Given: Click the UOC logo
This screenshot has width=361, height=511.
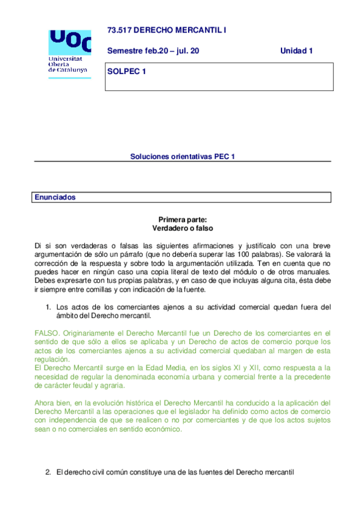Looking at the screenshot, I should click(70, 42).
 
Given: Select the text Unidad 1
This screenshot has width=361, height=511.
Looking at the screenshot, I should click(297, 51).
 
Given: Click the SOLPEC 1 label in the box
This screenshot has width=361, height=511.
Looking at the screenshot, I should click(127, 72).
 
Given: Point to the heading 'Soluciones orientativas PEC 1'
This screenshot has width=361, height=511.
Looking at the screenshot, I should click(182, 156).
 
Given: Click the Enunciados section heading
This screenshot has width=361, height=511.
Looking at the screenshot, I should click(55, 197).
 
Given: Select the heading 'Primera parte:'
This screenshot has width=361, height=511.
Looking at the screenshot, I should click(182, 221).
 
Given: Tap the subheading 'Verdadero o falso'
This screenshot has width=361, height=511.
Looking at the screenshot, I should click(182, 229).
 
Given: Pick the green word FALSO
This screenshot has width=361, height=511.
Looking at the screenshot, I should click(46, 332).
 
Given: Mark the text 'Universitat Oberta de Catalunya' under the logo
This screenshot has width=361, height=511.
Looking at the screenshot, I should click(67, 64).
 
